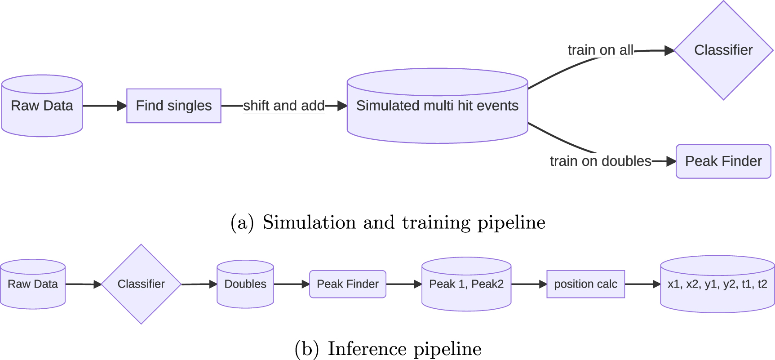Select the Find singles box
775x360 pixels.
tap(173, 106)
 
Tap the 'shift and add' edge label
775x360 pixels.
tap(283, 106)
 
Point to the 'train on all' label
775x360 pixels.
tap(600, 50)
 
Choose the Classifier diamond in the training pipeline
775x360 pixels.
tap(723, 50)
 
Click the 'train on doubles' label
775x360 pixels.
tap(600, 161)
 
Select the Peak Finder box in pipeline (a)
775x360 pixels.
tap(723, 161)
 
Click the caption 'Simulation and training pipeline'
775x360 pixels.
tap(388, 222)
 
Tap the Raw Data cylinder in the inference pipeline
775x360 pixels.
tap(33, 284)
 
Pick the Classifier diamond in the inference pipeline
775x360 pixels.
tap(141, 284)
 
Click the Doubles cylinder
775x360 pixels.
tap(245, 284)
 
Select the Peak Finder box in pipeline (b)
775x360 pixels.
tap(348, 284)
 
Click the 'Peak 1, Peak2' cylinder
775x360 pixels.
tap(466, 284)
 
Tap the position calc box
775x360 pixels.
tap(585, 284)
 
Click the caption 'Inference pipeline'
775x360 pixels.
tap(388, 349)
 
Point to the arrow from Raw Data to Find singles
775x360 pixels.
tap(104, 106)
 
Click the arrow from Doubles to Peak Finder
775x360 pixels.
tap(292, 284)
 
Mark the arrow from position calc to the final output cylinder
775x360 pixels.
tap(642, 284)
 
